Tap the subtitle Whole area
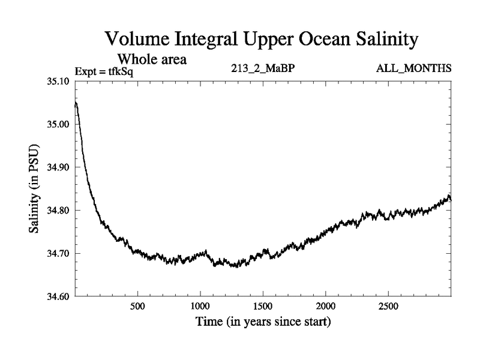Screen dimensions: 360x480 tap(152, 59)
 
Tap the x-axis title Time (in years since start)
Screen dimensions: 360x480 tap(263, 323)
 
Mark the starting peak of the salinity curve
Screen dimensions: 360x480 tap(76, 103)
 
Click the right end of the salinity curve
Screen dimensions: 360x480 tap(450, 199)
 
